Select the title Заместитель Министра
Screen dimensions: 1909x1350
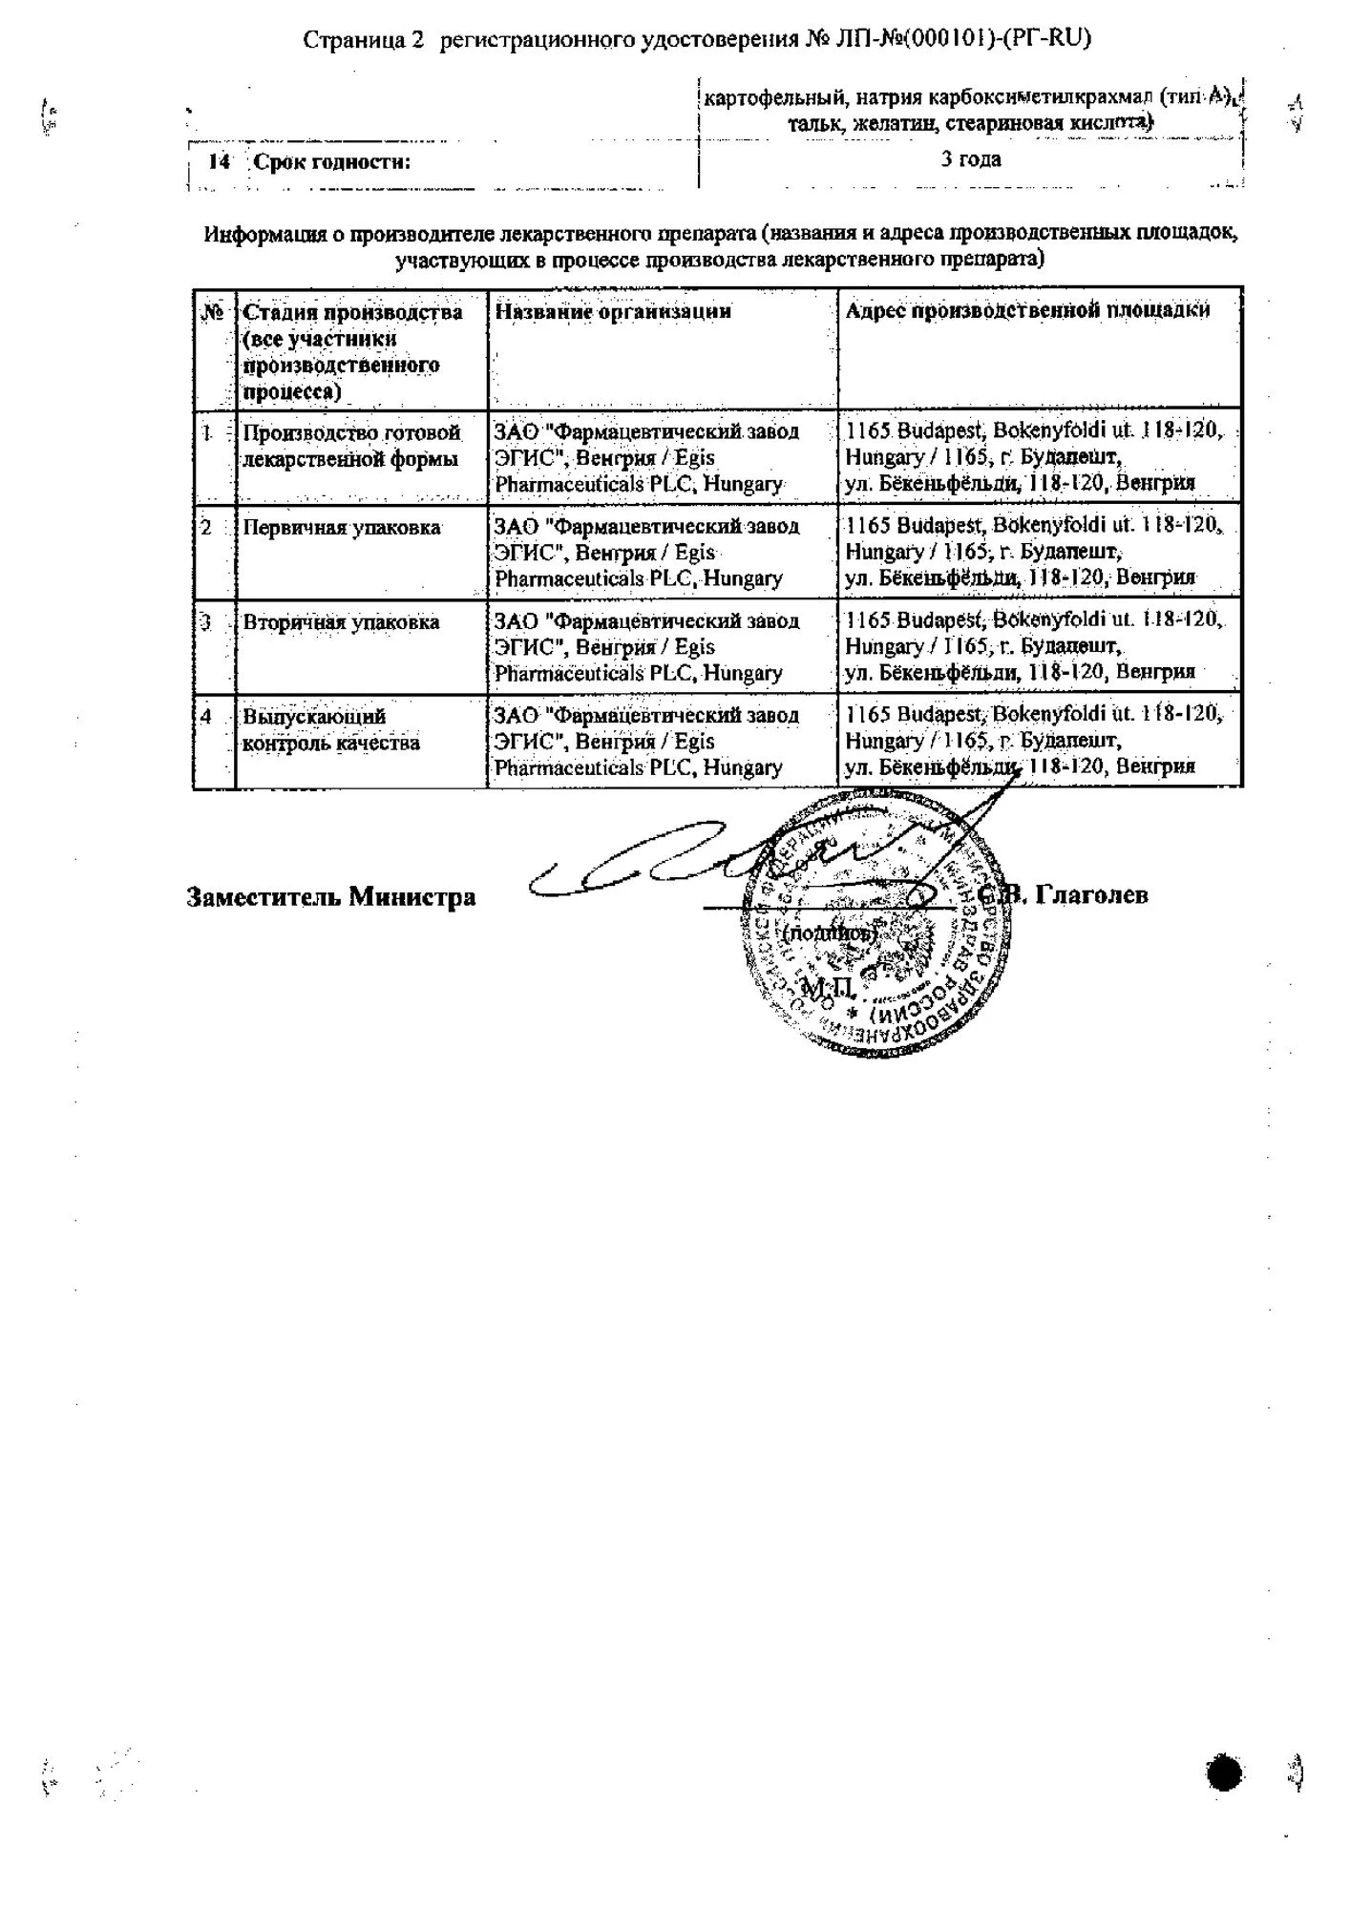coord(330,897)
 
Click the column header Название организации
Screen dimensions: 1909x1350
coord(613,311)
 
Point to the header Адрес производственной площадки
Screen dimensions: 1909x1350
coord(1027,310)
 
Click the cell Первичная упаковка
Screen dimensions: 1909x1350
coord(341,528)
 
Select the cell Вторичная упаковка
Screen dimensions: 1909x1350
coord(341,622)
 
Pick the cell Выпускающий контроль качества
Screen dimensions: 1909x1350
coord(330,729)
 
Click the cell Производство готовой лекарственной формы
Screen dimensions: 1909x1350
coord(350,446)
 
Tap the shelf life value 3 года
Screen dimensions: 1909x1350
coord(971,159)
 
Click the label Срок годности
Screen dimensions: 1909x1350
coord(331,162)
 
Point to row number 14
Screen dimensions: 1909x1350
coord(219,162)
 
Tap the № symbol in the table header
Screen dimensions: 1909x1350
coord(213,312)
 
